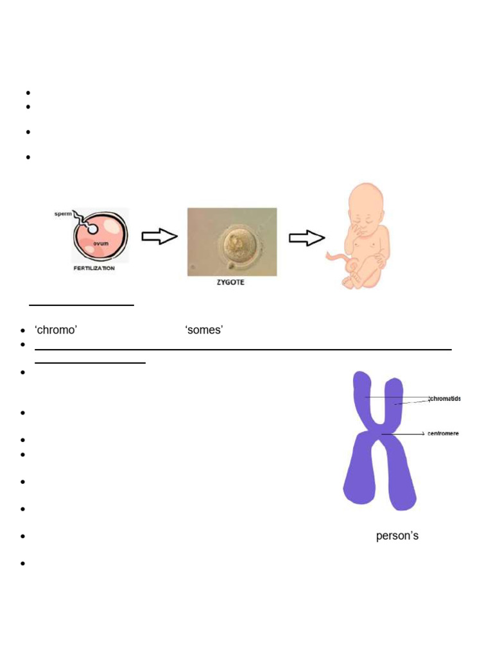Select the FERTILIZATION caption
(93, 268)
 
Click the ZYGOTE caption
(230, 282)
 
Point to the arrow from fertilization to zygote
(159, 237)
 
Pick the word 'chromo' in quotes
(56, 330)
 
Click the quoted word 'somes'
(203, 330)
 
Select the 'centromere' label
(443, 434)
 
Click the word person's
(397, 535)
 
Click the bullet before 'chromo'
(22, 330)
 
